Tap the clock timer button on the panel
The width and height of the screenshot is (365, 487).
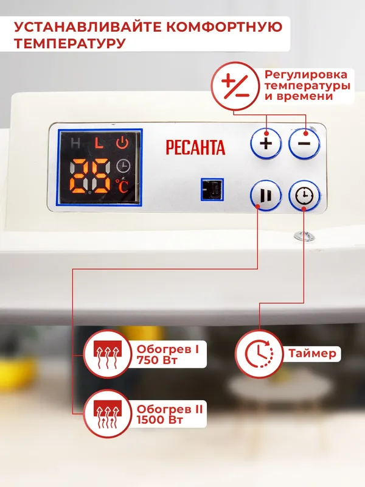(x=303, y=196)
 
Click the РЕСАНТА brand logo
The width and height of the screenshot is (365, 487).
(x=195, y=147)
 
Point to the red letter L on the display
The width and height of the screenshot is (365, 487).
(x=99, y=144)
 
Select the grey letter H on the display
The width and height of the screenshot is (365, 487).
(x=75, y=144)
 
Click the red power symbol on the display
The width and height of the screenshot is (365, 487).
(x=123, y=144)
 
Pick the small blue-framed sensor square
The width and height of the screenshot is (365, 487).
(x=212, y=189)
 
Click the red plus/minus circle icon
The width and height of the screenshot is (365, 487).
(x=235, y=87)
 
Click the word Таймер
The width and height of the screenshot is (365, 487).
(x=311, y=354)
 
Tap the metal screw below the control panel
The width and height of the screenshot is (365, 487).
(x=300, y=234)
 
